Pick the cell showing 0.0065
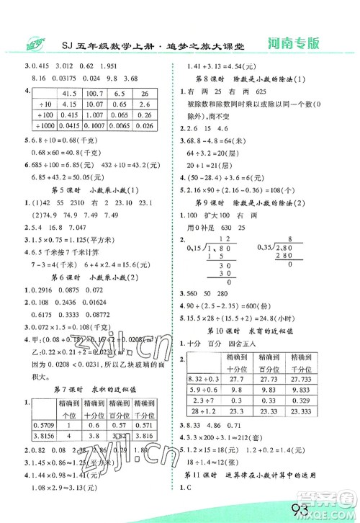121,126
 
